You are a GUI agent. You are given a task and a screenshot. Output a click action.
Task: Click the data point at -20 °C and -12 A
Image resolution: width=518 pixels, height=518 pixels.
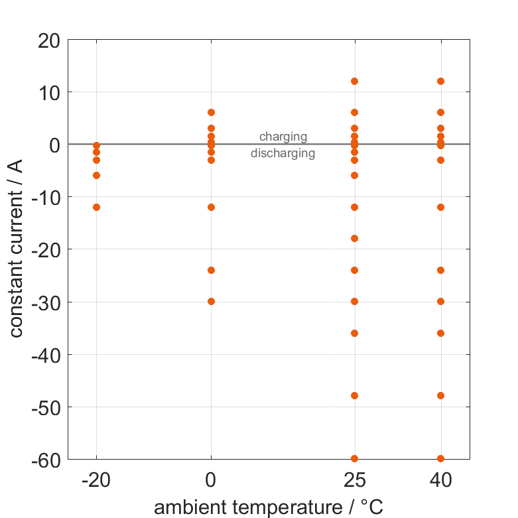tap(96, 207)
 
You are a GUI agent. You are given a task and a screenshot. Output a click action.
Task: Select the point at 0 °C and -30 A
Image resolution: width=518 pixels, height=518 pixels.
tap(211, 301)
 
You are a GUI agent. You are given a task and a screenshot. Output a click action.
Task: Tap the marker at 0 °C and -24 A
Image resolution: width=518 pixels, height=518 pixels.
tap(211, 270)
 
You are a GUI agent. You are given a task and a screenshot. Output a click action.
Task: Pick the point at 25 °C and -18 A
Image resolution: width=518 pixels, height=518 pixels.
tap(354, 238)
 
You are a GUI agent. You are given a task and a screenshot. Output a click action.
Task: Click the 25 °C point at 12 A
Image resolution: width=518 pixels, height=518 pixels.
tap(354, 81)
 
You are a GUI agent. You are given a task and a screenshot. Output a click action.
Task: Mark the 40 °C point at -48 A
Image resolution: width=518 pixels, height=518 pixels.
tap(440, 395)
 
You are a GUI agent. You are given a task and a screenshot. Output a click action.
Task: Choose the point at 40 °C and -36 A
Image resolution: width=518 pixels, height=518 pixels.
tap(440, 333)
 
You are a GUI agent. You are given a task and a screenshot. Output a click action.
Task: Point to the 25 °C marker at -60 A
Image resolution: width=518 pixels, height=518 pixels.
tap(354, 458)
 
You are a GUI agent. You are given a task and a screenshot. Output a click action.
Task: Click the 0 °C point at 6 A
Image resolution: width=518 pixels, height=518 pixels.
tap(211, 112)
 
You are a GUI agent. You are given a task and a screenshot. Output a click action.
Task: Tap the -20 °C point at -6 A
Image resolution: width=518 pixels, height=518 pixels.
tap(96, 175)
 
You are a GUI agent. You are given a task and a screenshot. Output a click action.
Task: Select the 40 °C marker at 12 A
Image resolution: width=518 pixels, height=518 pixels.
tap(440, 81)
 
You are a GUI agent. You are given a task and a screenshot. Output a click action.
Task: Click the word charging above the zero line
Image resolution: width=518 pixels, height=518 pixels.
tap(283, 137)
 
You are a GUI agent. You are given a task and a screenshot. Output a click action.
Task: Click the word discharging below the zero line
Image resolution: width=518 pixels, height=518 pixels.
tap(283, 154)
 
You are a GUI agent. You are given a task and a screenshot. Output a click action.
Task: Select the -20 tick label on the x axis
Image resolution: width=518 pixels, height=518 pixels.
tap(96, 480)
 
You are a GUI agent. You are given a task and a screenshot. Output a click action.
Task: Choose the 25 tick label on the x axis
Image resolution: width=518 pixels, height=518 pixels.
tap(354, 480)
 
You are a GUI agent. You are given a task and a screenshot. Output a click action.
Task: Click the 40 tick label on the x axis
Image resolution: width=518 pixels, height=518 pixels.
tap(440, 480)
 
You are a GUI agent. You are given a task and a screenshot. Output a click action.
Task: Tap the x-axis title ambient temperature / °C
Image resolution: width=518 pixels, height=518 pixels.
tap(269, 507)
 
